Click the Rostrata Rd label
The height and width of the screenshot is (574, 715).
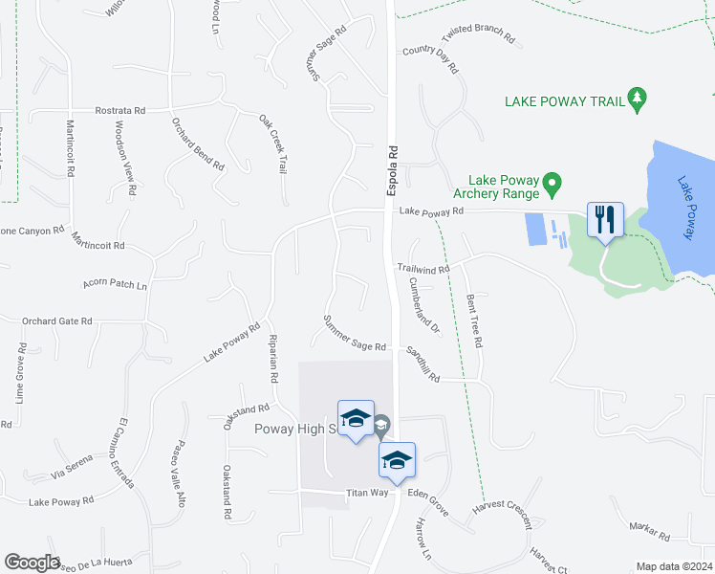click(x=119, y=110)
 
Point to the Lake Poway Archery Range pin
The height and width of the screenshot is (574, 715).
click(x=551, y=182)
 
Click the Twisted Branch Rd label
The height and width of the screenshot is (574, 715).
click(x=478, y=34)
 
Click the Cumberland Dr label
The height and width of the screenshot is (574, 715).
click(x=423, y=303)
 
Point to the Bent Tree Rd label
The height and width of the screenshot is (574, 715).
click(x=474, y=320)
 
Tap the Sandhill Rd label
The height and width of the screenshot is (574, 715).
click(x=421, y=364)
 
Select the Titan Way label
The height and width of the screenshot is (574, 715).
click(x=367, y=493)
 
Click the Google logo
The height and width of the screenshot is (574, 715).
click(x=32, y=563)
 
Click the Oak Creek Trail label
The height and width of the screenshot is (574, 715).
click(x=272, y=143)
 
